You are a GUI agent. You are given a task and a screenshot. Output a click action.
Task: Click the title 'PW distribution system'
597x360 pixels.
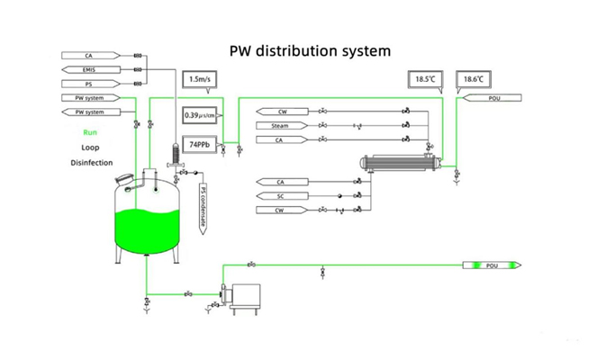pyautogui.click(x=310, y=50)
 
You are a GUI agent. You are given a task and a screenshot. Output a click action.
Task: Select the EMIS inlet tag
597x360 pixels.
pyautogui.click(x=90, y=69)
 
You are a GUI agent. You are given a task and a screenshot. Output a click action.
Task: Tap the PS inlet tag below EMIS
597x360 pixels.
pyautogui.click(x=90, y=83)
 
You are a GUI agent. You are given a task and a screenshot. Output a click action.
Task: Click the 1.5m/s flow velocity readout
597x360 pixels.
pyautogui.click(x=198, y=80)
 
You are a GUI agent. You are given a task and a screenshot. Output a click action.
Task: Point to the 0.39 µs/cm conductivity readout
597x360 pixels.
pyautogui.click(x=198, y=115)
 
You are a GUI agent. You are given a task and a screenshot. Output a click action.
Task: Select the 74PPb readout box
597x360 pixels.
pyautogui.click(x=198, y=144)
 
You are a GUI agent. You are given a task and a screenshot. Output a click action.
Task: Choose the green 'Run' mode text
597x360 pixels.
pyautogui.click(x=90, y=132)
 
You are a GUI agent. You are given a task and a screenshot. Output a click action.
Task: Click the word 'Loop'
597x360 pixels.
pyautogui.click(x=90, y=147)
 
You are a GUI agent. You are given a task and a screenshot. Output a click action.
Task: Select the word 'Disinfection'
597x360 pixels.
pyautogui.click(x=91, y=163)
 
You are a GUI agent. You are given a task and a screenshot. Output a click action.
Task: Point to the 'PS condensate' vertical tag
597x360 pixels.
pyautogui.click(x=203, y=208)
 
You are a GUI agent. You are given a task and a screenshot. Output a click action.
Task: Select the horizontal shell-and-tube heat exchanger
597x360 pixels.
pyautogui.click(x=401, y=164)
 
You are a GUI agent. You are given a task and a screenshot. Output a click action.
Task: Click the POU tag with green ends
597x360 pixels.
pyautogui.click(x=491, y=265)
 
